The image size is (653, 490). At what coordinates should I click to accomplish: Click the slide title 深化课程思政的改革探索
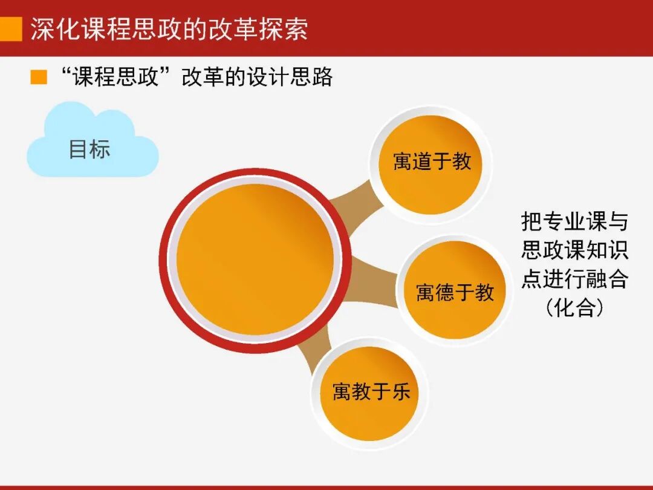tap(169, 28)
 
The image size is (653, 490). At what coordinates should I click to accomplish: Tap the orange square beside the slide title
tap(10, 28)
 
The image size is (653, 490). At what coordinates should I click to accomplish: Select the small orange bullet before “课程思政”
tap(39, 77)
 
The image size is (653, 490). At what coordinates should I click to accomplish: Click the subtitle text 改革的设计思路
tap(257, 77)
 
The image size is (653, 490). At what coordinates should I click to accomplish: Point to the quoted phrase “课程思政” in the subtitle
tap(114, 77)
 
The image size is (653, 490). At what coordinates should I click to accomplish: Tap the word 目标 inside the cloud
tap(89, 149)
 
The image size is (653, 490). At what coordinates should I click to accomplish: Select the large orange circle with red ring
tap(255, 260)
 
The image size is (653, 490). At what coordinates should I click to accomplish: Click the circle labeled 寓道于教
tap(431, 162)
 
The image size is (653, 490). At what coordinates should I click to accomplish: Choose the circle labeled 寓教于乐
tap(370, 391)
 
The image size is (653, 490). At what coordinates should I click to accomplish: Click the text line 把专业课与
tap(574, 221)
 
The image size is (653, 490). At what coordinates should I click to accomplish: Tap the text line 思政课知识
tap(574, 250)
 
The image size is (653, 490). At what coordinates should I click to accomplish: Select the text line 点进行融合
tap(574, 279)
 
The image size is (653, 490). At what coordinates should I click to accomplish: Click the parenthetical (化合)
tap(574, 309)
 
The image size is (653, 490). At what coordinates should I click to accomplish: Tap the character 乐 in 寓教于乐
tap(401, 391)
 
